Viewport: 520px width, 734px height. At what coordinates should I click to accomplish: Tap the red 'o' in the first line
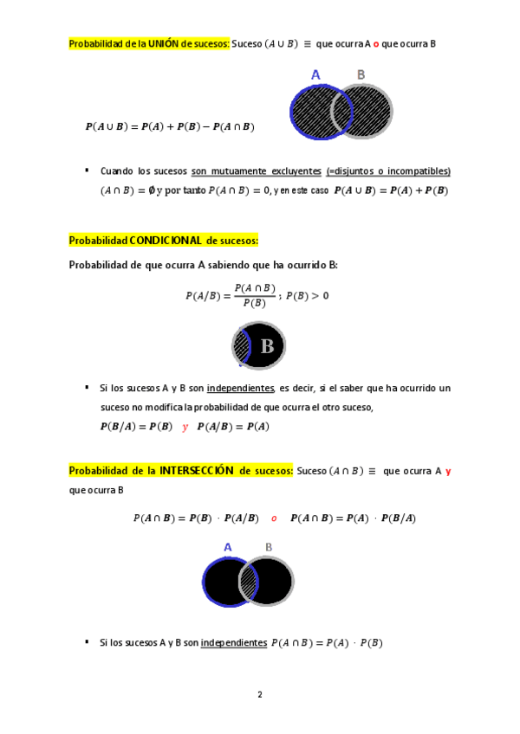point(376,43)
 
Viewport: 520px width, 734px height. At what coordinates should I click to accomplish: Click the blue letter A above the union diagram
point(315,75)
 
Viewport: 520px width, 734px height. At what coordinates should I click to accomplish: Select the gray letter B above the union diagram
point(361,75)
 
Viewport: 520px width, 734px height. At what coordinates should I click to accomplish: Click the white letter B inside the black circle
point(267,347)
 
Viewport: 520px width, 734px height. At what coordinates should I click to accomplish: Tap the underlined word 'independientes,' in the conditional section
point(241,389)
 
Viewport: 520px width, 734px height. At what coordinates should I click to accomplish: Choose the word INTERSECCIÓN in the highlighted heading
point(197,471)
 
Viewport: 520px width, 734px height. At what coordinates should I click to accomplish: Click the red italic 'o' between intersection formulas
point(274,518)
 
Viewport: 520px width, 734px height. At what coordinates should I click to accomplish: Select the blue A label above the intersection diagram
point(228,547)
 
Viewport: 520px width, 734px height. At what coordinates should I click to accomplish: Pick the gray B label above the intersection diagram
point(269,547)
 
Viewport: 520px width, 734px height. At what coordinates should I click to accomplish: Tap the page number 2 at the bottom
point(259,694)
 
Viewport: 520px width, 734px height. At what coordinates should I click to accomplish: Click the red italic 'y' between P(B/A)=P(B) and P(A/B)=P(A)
point(185,426)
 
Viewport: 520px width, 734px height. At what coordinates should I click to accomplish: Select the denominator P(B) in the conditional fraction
point(255,303)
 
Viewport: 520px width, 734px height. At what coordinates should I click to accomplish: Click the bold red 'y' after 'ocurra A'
point(448,472)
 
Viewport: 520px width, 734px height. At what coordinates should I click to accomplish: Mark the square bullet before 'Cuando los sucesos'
point(87,171)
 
